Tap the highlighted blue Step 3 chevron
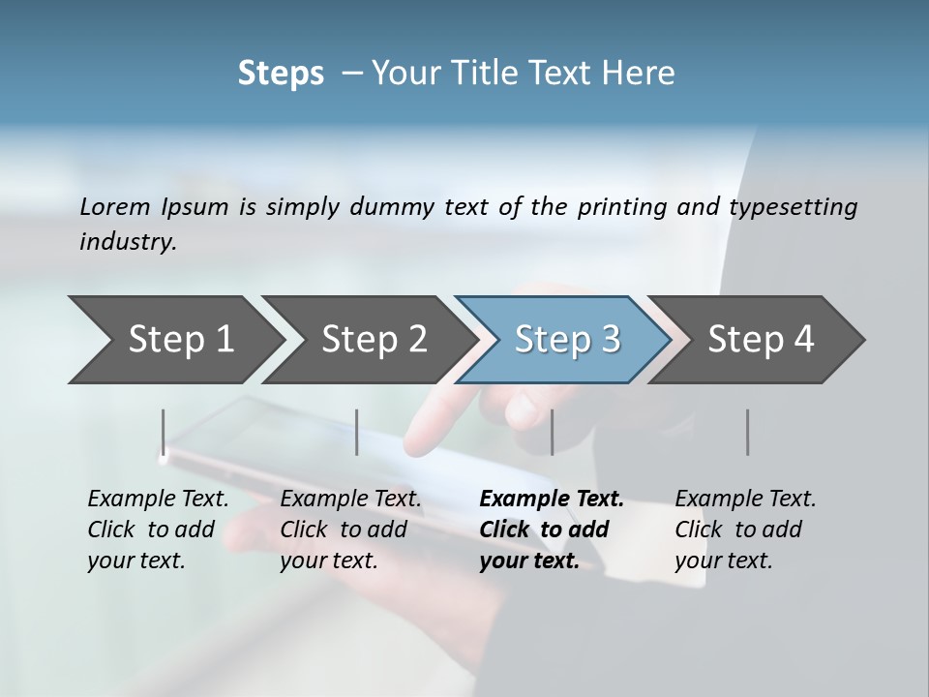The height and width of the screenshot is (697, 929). pyautogui.click(x=566, y=340)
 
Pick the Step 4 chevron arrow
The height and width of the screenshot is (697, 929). pyautogui.click(x=760, y=340)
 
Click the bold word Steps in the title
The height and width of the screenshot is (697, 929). pyautogui.click(x=281, y=73)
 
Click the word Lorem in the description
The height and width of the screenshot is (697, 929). pyautogui.click(x=114, y=206)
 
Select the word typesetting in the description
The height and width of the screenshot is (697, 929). pyautogui.click(x=793, y=206)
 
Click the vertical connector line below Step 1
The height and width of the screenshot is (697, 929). pyautogui.click(x=164, y=432)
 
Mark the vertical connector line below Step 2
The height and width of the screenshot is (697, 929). pyautogui.click(x=357, y=432)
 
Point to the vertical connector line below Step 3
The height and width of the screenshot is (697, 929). pyautogui.click(x=552, y=432)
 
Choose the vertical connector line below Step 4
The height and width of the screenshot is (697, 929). pyautogui.click(x=747, y=432)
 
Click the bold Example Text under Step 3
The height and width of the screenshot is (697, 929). pyautogui.click(x=552, y=499)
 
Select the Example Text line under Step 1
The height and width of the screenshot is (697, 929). pyautogui.click(x=158, y=499)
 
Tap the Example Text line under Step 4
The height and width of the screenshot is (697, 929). pyautogui.click(x=745, y=499)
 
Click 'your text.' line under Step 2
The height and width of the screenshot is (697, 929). pyautogui.click(x=328, y=561)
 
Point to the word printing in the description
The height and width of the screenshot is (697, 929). pyautogui.click(x=615, y=206)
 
